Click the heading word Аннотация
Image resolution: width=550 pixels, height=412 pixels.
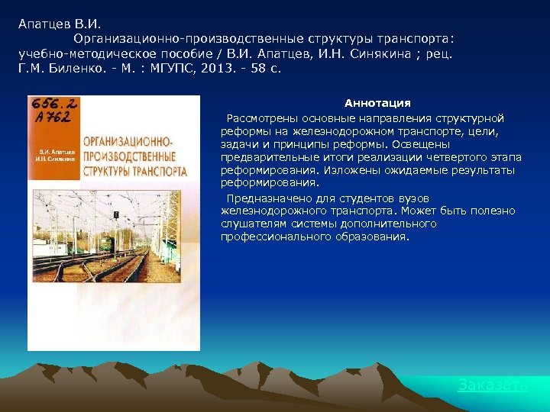pyautogui.click(x=377, y=103)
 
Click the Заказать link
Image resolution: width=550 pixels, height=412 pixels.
pyautogui.click(x=492, y=385)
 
